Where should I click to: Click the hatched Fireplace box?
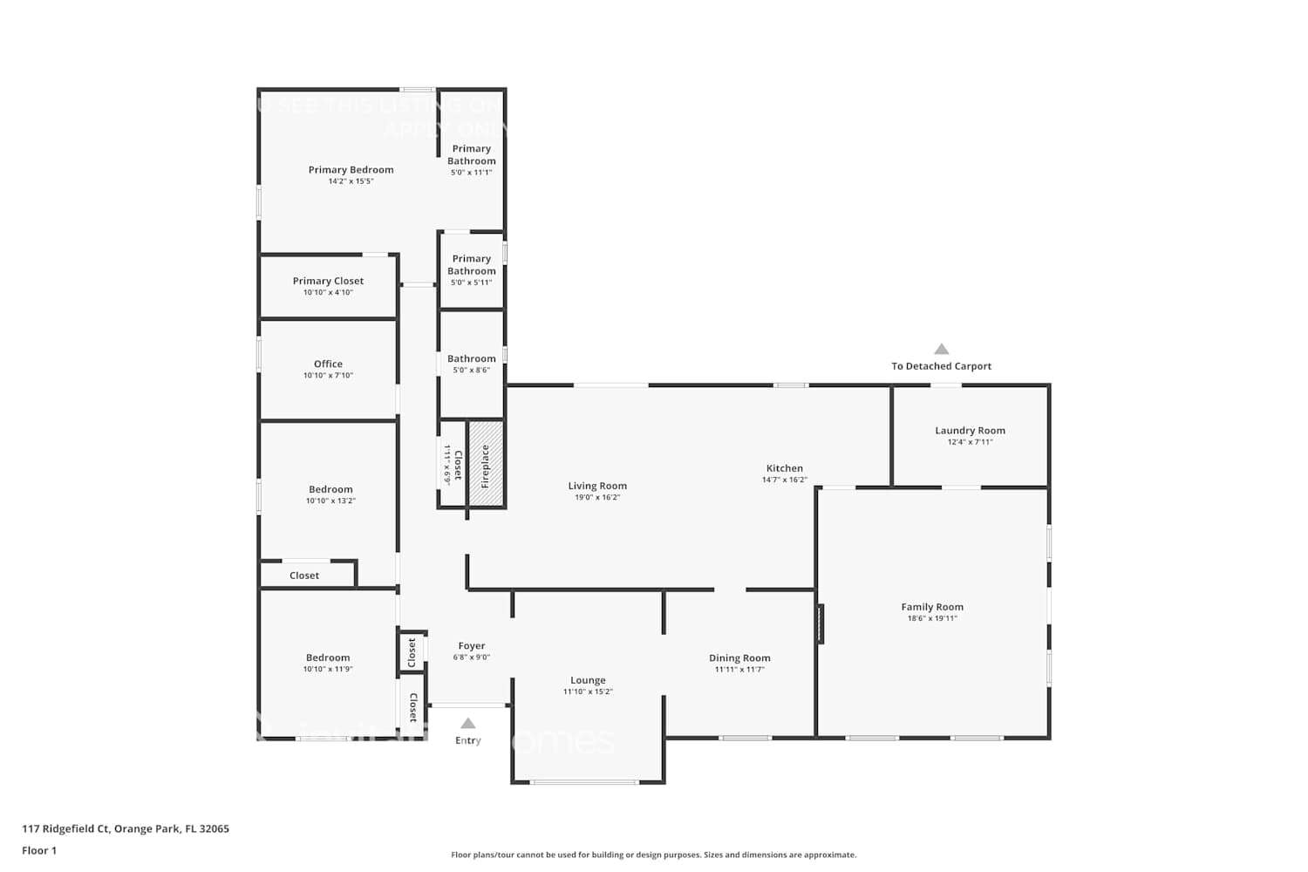pyautogui.click(x=486, y=463)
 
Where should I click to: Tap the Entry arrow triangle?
pyautogui.click(x=468, y=723)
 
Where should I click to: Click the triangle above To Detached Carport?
pyautogui.click(x=941, y=349)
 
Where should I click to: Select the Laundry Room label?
pyautogui.click(x=970, y=430)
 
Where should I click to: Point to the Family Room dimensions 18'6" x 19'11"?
pyautogui.click(x=932, y=618)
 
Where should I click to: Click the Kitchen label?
pyautogui.click(x=784, y=468)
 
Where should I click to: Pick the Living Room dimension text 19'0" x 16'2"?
pyautogui.click(x=597, y=497)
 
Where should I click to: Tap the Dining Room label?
pyautogui.click(x=739, y=658)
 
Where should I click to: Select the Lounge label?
pyautogui.click(x=588, y=680)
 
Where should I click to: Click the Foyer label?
pyautogui.click(x=471, y=646)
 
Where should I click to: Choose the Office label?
pyautogui.click(x=328, y=364)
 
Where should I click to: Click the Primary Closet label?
pyautogui.click(x=328, y=281)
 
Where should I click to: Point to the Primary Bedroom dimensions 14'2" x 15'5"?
pyautogui.click(x=351, y=181)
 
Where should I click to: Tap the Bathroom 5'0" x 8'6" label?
pyautogui.click(x=471, y=358)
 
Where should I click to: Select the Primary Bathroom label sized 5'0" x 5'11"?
pyautogui.click(x=471, y=264)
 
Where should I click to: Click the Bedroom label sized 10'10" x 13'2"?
pyautogui.click(x=330, y=489)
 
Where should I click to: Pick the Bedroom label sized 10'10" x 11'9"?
pyautogui.click(x=328, y=657)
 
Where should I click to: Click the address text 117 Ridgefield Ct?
pyautogui.click(x=126, y=828)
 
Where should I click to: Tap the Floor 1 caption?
pyautogui.click(x=39, y=850)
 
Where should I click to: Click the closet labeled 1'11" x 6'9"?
pyautogui.click(x=453, y=464)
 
